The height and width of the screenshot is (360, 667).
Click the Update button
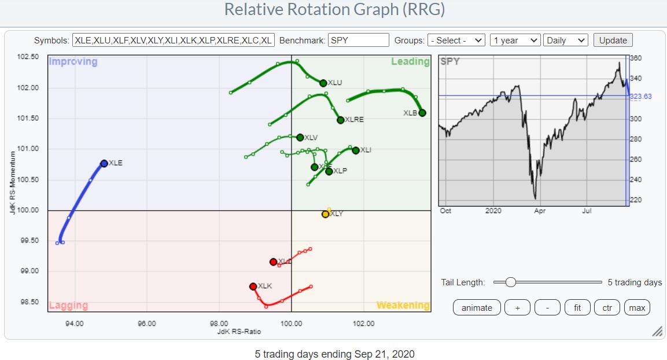pyautogui.click(x=613, y=41)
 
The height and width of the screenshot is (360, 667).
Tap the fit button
pyautogui.click(x=577, y=308)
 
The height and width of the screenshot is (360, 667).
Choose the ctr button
pyautogui.click(x=607, y=308)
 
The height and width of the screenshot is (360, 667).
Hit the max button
pyautogui.click(x=637, y=308)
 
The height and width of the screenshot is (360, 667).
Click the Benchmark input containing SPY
pyautogui.click(x=358, y=41)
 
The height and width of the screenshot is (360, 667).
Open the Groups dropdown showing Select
pyautogui.click(x=456, y=41)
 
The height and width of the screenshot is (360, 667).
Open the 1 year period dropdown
pyautogui.click(x=514, y=41)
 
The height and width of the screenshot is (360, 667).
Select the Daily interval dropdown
pyautogui.click(x=565, y=41)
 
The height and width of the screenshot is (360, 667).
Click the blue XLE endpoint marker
pyautogui.click(x=104, y=164)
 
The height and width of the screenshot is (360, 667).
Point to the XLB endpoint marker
pyautogui.click(x=422, y=113)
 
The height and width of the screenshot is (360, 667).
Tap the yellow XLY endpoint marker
pyautogui.click(x=325, y=214)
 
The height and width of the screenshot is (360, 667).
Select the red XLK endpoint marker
pyautogui.click(x=253, y=286)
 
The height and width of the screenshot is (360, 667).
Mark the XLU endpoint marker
pyautogui.click(x=323, y=83)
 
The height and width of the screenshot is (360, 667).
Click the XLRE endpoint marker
pyautogui.click(x=340, y=120)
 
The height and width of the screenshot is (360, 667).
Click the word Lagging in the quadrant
pyautogui.click(x=68, y=306)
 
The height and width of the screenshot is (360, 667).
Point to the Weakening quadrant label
pyautogui.click(x=403, y=305)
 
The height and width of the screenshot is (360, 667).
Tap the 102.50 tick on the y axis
pyautogui.click(x=28, y=57)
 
